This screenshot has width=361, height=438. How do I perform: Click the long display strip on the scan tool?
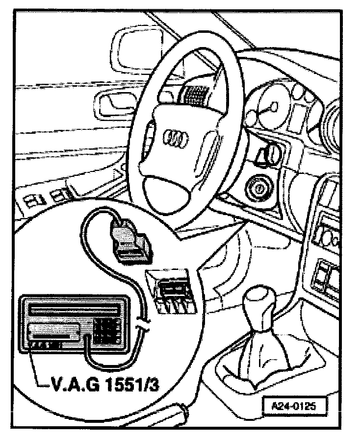tap(74, 310)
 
